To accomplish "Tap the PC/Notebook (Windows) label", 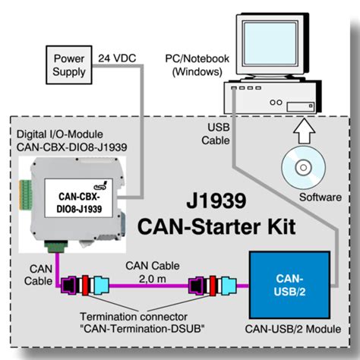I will [191, 65].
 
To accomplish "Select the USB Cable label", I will [213, 133].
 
